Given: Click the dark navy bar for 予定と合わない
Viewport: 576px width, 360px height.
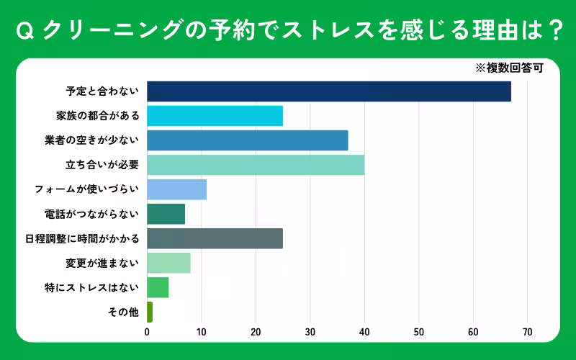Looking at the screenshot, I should (328, 91).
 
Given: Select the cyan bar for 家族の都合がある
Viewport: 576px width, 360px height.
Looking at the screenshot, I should (215, 116).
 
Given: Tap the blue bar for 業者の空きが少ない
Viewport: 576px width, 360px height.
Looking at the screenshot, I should (247, 140).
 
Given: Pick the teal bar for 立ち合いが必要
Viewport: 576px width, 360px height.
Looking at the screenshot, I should (256, 165).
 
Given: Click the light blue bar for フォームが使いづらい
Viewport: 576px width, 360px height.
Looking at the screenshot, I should (176, 189).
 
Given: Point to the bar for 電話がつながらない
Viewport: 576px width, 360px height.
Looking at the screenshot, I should (166, 214).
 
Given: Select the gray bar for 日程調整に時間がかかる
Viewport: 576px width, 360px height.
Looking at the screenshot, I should (215, 238).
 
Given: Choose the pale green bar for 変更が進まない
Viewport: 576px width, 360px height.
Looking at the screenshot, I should (168, 263).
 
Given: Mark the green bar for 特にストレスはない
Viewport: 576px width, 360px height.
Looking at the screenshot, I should (158, 287).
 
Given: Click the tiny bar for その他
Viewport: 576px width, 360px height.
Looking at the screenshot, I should (150, 312).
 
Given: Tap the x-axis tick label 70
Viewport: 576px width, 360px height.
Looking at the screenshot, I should (527, 332).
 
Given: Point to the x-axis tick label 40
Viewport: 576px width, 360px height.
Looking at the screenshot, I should (364, 332).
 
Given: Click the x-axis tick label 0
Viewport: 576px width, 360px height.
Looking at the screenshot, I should (147, 332).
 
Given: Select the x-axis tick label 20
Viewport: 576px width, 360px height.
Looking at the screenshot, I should (256, 332).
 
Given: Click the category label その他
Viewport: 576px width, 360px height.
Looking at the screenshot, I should (122, 312).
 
